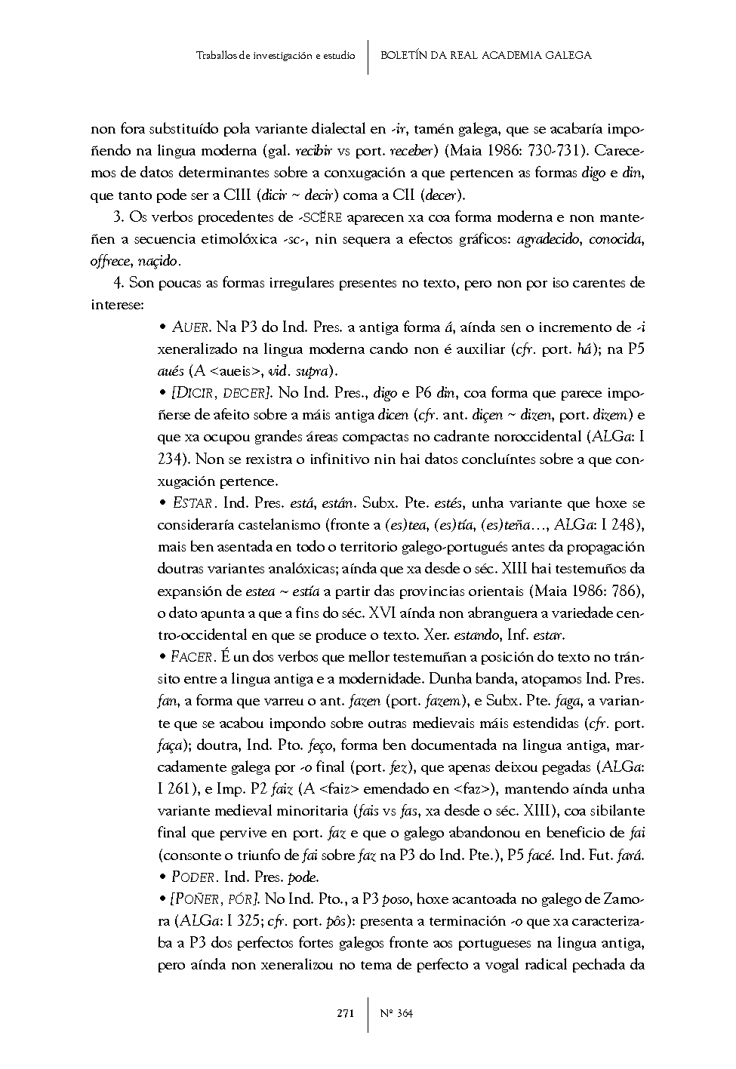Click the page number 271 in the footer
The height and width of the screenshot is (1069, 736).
[x=346, y=1013]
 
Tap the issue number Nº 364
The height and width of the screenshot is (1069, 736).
[x=396, y=1013]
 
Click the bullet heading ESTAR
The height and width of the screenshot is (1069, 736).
[x=195, y=502]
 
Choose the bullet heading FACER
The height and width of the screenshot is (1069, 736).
[x=195, y=656]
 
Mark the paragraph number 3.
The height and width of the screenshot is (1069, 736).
[x=118, y=217]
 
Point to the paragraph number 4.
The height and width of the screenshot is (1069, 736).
[x=118, y=283]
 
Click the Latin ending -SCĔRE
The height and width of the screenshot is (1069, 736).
[x=320, y=217]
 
